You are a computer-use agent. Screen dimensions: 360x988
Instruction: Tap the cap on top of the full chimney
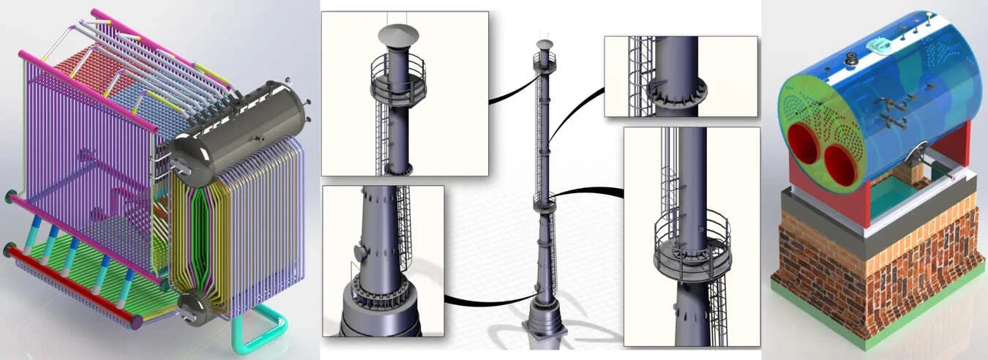[544, 45]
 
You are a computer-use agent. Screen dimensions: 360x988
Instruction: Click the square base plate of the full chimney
[544, 330]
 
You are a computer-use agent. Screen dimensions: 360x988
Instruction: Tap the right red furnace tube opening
[839, 164]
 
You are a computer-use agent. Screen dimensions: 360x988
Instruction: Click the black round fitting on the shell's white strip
[852, 61]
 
